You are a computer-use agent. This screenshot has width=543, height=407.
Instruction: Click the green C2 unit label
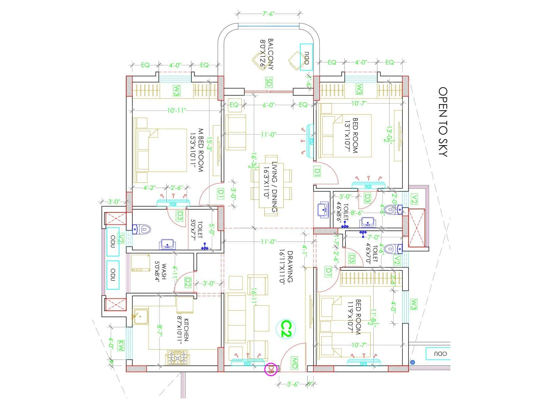tap(286, 329)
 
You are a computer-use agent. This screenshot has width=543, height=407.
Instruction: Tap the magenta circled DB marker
tap(271, 370)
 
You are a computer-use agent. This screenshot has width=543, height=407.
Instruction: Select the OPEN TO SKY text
tap(443, 122)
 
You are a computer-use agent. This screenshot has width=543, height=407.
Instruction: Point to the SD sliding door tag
tap(268, 82)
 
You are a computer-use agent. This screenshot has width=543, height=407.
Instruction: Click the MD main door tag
tap(294, 363)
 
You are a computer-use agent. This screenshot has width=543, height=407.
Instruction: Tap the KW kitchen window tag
tap(120, 346)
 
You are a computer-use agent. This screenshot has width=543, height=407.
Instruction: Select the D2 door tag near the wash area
tap(188, 283)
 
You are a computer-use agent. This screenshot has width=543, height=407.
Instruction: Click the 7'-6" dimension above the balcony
tap(268, 14)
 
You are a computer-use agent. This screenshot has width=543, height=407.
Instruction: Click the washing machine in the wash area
tap(141, 263)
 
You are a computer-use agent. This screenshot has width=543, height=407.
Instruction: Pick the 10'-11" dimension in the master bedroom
tap(176, 110)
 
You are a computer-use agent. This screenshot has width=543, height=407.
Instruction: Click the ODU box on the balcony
tap(306, 57)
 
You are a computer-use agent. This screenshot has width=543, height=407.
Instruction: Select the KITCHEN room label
tap(183, 330)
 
